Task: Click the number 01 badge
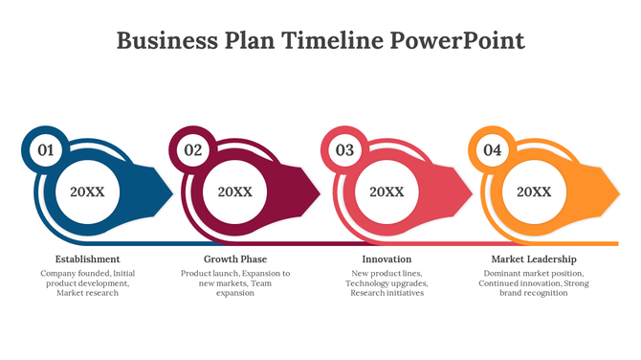(44, 149)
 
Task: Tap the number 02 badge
(193, 149)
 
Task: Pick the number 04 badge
(492, 149)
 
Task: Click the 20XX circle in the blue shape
(87, 191)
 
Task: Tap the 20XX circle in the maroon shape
(235, 191)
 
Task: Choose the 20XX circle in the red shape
(387, 191)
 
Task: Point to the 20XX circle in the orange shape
(534, 191)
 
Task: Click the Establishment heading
(87, 259)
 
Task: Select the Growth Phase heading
(235, 259)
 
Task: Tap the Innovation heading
(387, 259)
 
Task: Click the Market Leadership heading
(534, 259)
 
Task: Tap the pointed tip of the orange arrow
(618, 191)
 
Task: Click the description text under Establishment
(87, 283)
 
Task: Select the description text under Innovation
(387, 283)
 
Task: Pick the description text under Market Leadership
(534, 283)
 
